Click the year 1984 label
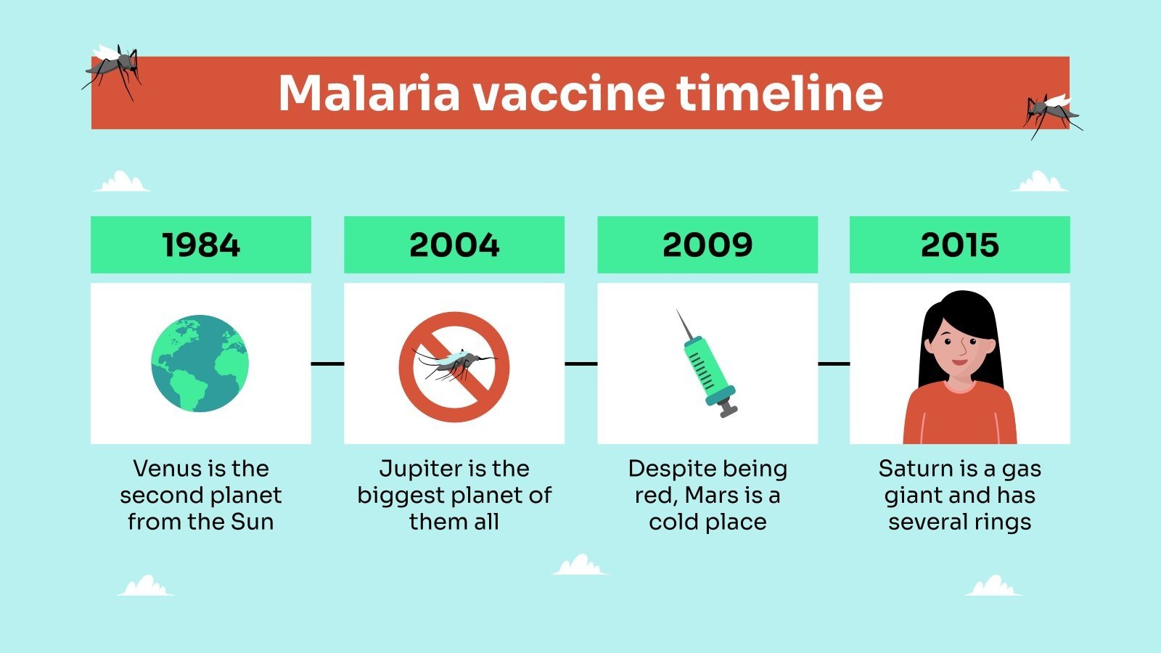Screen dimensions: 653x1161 (201, 245)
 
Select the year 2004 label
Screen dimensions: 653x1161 (454, 245)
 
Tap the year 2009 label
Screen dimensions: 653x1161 (707, 245)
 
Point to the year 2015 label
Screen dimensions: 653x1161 (959, 245)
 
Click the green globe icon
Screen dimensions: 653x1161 (200, 364)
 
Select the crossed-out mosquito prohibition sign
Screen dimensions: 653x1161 (454, 367)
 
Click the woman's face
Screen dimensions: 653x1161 (960, 345)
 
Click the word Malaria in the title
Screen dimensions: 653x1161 (369, 93)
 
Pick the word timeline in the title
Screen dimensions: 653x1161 (779, 93)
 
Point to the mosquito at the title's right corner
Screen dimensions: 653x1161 (1051, 112)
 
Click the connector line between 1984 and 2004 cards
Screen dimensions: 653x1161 (327, 364)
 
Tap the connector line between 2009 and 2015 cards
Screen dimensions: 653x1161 (834, 364)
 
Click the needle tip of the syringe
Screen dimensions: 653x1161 (678, 312)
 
